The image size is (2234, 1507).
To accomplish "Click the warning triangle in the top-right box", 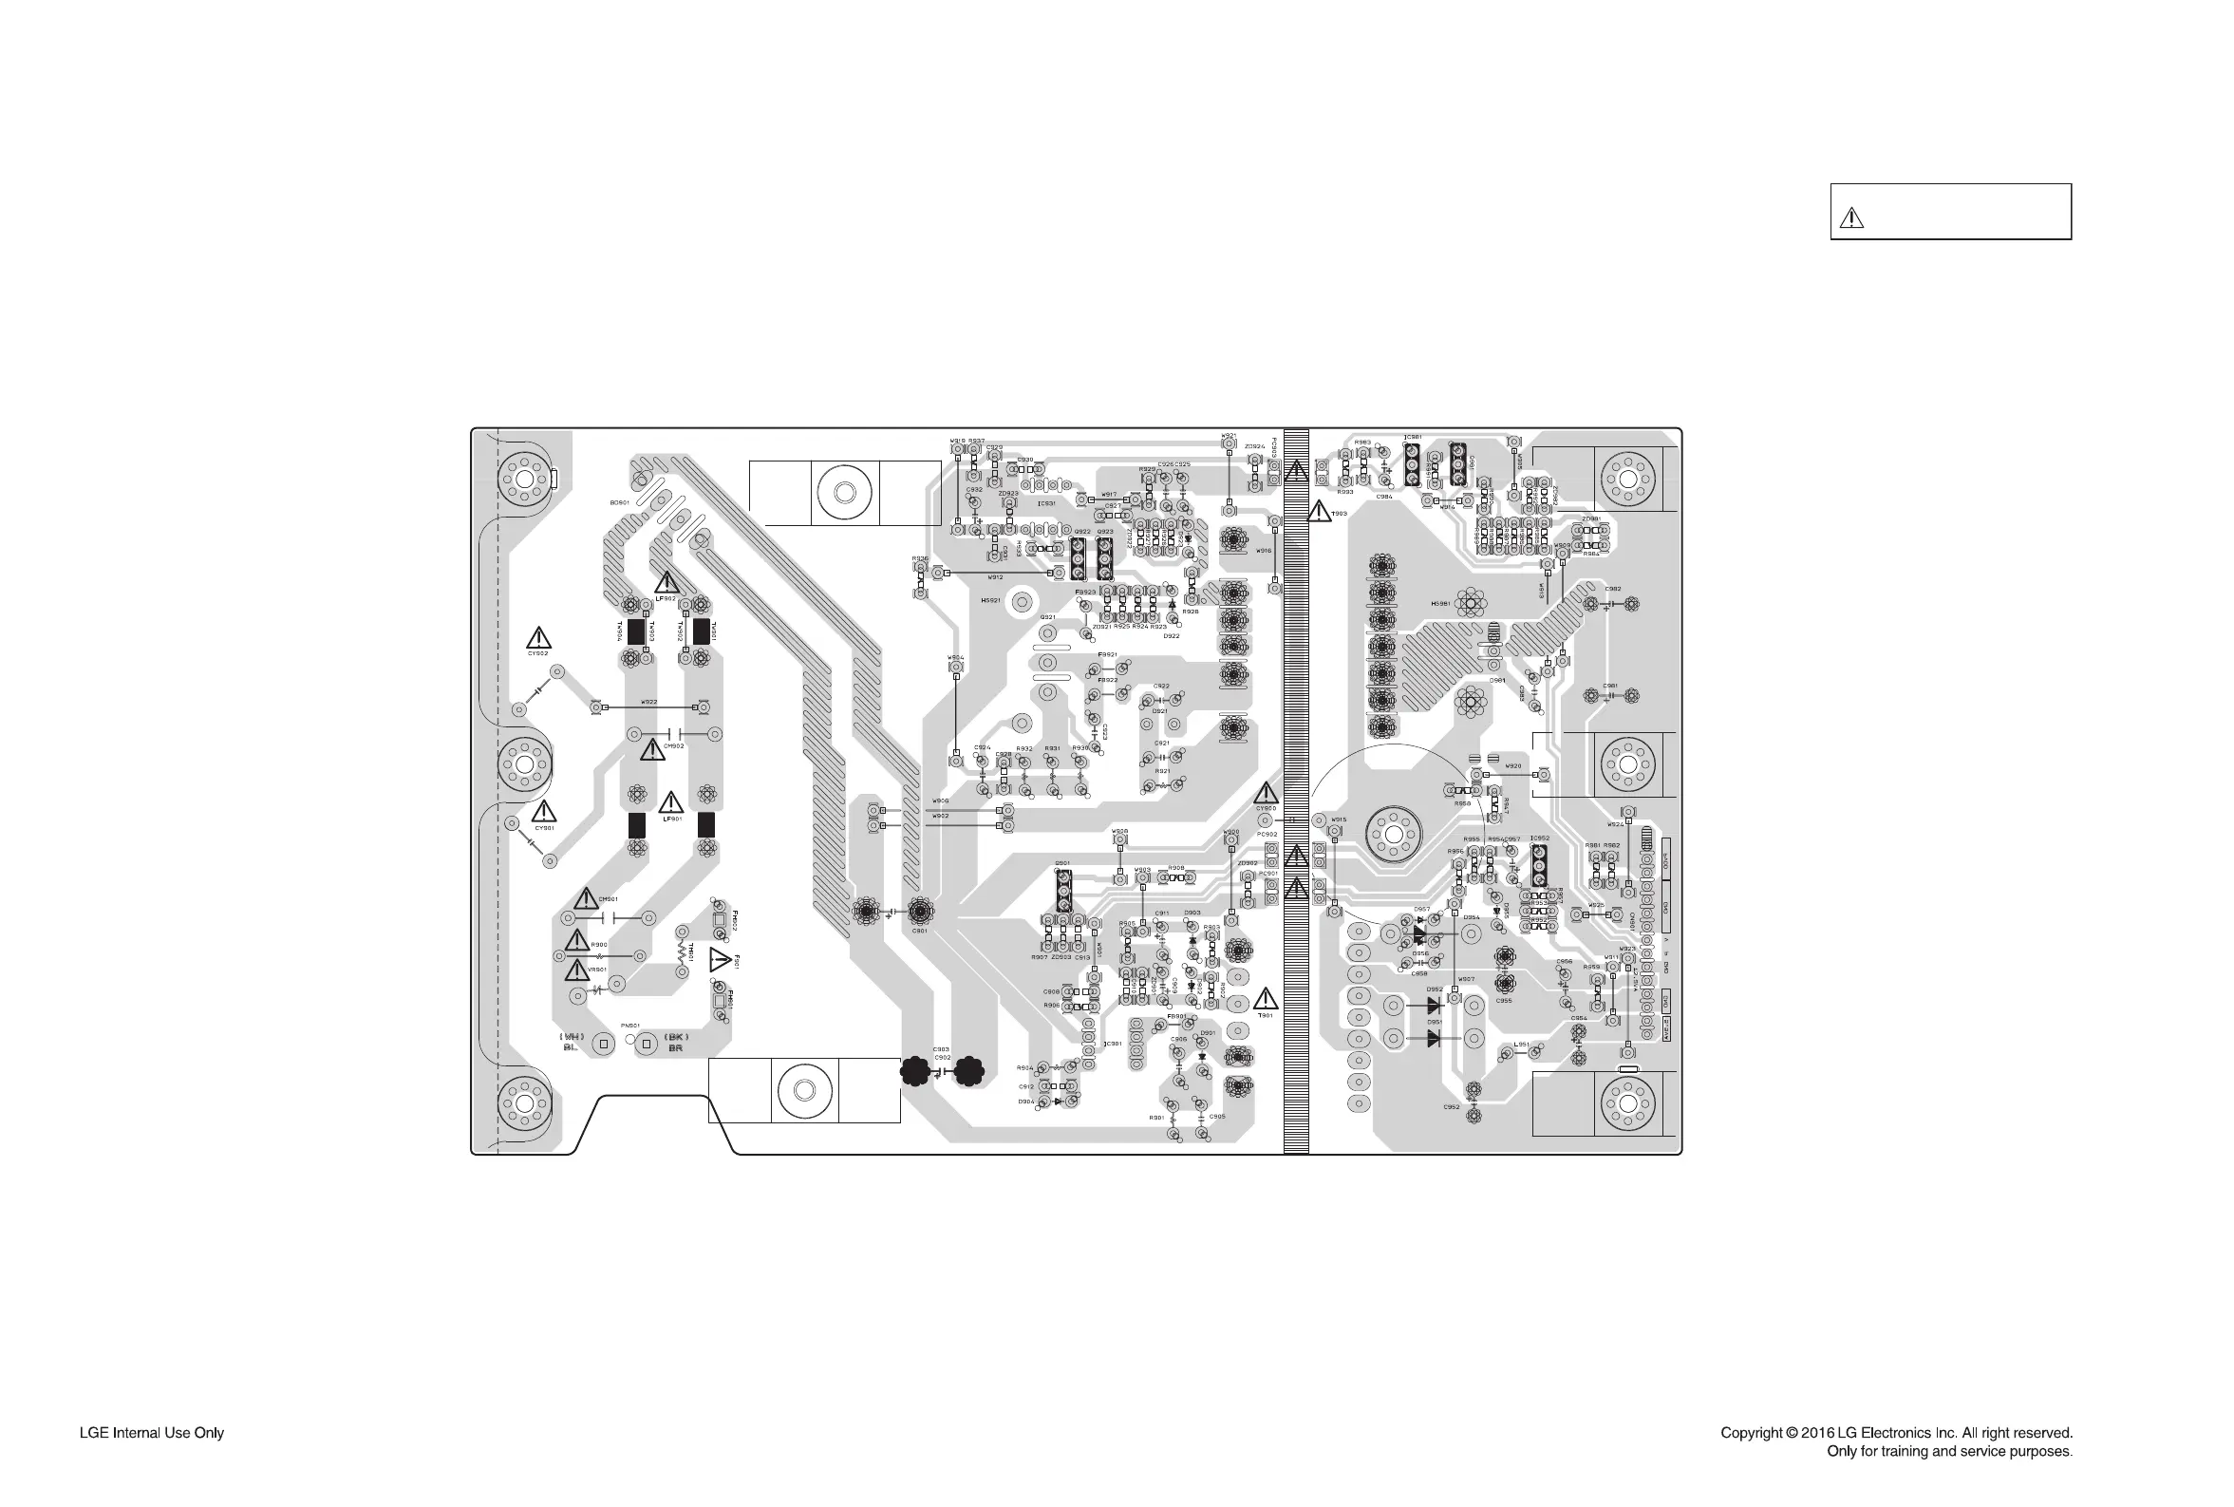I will pos(1850,218).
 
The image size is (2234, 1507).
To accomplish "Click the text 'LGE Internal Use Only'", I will pos(152,1433).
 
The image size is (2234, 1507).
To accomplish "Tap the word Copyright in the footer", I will pos(1752,1433).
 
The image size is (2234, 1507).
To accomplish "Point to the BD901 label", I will pos(619,502).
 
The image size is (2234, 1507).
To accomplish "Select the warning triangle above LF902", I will pos(666,582).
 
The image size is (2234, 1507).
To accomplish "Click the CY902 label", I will pos(538,653).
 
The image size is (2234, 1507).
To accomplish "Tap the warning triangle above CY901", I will pos(544,811).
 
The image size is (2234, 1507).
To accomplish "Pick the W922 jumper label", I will pos(649,702).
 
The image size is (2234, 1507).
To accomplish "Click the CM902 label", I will pos(673,745).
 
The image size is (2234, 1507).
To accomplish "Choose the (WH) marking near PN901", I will pos(572,1037).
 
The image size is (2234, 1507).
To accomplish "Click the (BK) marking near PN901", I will pos(675,1037).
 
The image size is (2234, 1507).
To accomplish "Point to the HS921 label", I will pos(989,601).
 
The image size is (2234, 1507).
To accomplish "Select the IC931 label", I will pos(1046,503).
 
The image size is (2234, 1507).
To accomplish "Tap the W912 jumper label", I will pos(995,577).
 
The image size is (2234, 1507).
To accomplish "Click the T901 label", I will pos(1266,1015).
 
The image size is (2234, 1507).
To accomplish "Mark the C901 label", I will pos(920,931).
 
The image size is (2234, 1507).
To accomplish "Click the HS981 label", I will pos(1439,604).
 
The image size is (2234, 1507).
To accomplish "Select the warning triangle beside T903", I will pos(1320,511).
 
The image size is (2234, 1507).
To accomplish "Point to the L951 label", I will pos(1521,1045).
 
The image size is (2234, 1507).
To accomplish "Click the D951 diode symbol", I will pos(1434,1038).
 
